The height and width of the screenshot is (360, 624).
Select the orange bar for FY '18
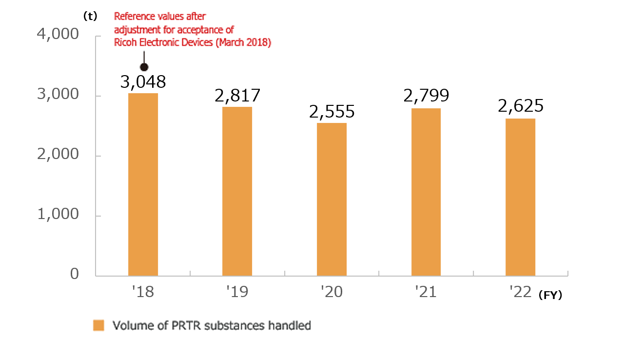click(143, 184)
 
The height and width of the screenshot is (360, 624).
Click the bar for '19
click(237, 191)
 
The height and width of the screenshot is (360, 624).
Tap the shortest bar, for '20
click(331, 199)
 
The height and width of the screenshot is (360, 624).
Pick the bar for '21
click(426, 192)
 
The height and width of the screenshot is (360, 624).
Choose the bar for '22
click(520, 197)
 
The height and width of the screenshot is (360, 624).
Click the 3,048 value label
click(143, 81)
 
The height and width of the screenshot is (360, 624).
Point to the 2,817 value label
click(237, 95)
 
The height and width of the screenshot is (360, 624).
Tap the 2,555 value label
click(331, 112)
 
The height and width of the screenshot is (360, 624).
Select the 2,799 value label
click(426, 96)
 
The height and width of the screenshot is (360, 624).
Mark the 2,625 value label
click(520, 106)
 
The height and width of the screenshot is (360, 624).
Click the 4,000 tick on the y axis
click(58, 35)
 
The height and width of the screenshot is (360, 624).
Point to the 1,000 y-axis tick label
click(58, 214)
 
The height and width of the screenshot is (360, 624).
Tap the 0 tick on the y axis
click(74, 274)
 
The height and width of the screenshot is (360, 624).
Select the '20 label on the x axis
click(331, 292)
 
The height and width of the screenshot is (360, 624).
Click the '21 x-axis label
click(426, 292)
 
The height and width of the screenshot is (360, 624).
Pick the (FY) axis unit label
click(550, 295)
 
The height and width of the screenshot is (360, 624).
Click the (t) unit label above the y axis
click(90, 16)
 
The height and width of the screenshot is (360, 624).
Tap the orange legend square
click(98, 325)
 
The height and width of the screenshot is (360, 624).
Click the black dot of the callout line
click(144, 67)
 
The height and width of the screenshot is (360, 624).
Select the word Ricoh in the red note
click(125, 42)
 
